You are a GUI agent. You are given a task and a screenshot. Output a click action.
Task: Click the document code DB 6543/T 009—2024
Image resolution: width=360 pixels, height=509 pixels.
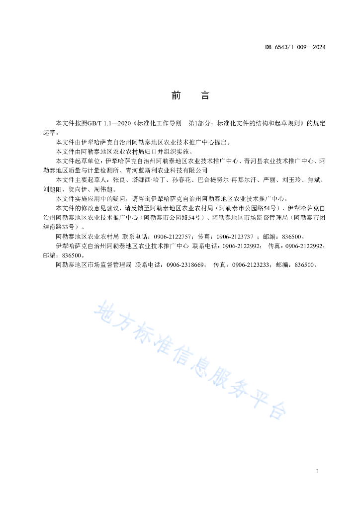point(295,48)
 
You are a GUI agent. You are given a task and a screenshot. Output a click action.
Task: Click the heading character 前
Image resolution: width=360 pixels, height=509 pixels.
point(176,95)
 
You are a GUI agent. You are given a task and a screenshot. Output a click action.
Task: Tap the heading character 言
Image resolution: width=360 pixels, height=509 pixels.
point(205,95)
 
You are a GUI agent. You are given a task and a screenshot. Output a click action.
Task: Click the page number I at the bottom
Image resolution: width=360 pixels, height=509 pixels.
point(317,471)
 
